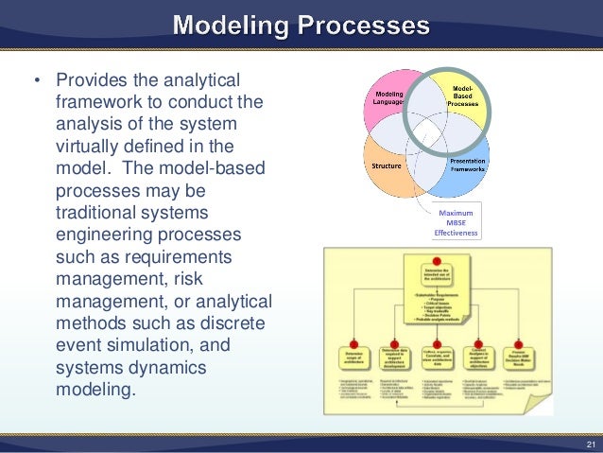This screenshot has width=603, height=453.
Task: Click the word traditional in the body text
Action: point(103,215)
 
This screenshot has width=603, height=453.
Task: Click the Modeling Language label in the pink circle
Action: point(386,98)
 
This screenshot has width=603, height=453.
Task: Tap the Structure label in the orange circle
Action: point(388,166)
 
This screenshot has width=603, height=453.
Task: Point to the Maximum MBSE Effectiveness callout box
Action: point(457,221)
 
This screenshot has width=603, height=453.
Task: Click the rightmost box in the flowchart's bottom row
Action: point(519,360)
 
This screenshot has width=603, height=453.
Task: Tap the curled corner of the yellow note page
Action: point(549,401)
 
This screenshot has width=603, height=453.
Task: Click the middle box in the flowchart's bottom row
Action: point(436,360)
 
